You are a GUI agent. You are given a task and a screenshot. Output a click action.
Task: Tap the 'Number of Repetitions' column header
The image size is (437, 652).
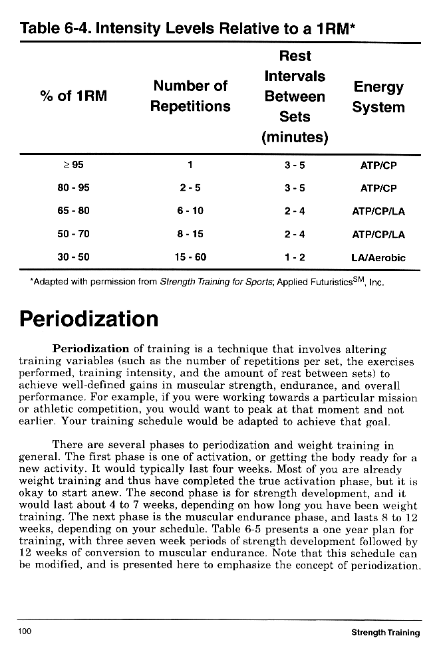[190, 96]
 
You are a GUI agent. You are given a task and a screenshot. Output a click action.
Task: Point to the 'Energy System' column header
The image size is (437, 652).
[378, 97]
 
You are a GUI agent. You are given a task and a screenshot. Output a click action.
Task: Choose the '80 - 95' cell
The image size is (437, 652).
[73, 188]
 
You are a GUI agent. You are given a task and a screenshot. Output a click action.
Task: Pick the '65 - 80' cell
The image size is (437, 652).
[73, 211]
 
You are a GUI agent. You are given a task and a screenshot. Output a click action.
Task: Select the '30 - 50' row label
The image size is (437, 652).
[73, 257]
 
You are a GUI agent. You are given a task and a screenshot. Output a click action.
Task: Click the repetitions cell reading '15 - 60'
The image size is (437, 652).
[190, 257]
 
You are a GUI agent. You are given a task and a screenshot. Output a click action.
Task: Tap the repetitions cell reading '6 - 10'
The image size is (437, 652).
[190, 211]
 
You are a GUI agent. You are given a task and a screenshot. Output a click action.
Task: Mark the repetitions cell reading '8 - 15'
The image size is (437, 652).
[190, 234]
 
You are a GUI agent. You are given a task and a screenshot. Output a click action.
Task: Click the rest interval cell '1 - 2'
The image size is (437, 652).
[294, 257]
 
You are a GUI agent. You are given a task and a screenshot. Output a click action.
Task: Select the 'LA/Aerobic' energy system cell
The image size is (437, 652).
[378, 257]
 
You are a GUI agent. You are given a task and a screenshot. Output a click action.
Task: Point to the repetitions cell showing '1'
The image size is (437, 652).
[190, 165]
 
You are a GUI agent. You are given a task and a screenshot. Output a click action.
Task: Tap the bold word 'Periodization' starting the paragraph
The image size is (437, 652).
[90, 348]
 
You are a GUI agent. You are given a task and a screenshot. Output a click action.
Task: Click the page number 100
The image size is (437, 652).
[25, 631]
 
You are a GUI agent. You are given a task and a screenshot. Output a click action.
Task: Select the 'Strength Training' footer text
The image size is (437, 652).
[385, 632]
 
